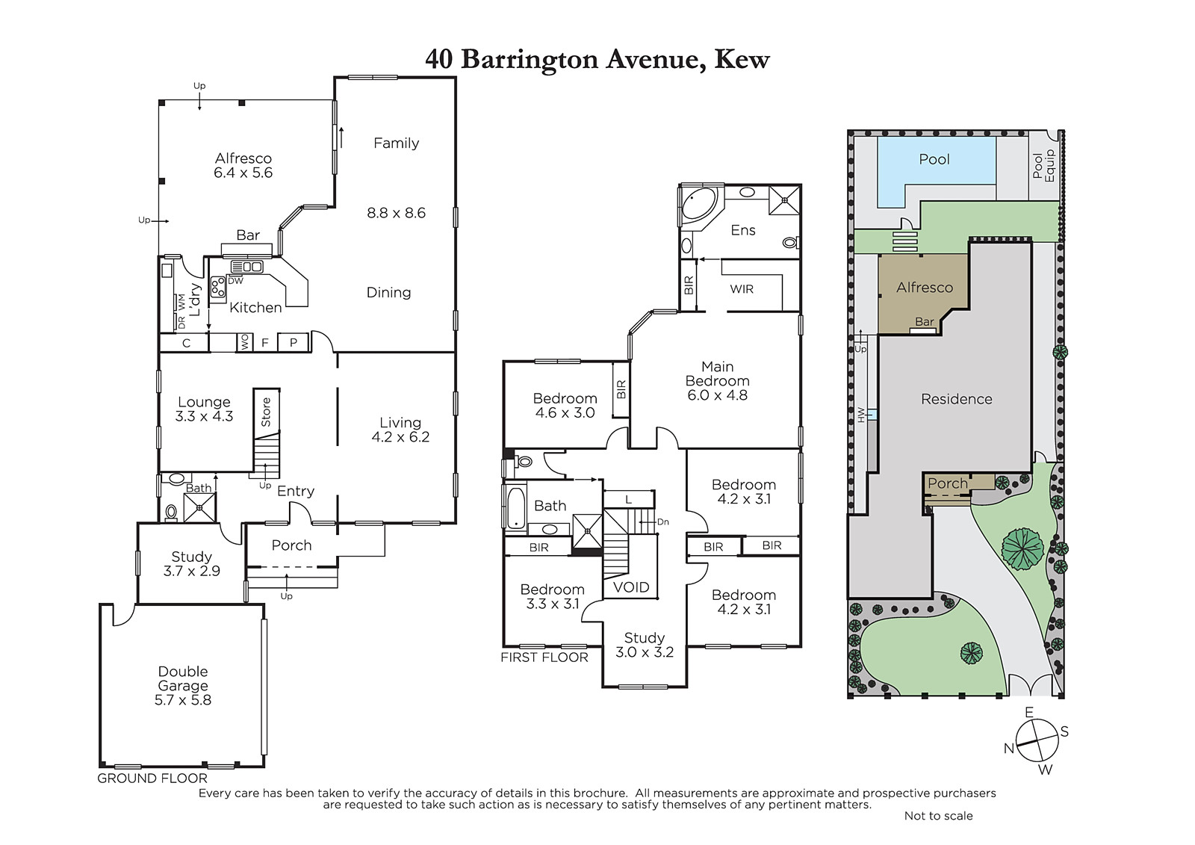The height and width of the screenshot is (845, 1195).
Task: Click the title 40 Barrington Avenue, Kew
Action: (597, 59)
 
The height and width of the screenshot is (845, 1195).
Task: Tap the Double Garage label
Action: (183, 678)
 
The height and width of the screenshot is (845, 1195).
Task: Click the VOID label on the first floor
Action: (631, 587)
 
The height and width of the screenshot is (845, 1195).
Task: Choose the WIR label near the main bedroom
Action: (742, 289)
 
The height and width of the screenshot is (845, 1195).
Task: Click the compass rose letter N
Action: (1008, 749)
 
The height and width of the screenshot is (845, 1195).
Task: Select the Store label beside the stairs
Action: (266, 412)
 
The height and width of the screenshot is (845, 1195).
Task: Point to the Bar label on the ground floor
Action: (248, 235)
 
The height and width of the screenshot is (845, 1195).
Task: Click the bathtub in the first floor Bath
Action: (515, 507)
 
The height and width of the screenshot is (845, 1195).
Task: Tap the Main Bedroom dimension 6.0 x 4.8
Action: (717, 395)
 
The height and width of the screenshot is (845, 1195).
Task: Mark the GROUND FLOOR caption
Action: (152, 779)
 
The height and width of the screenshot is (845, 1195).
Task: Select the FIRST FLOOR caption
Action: (544, 657)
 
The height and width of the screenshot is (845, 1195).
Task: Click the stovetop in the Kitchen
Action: (217, 287)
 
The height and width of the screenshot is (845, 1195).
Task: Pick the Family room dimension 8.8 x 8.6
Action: (396, 213)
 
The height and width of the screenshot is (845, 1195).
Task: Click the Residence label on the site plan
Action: (957, 399)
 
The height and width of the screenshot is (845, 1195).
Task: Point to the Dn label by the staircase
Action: (662, 522)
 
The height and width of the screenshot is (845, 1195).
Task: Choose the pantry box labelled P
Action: (293, 343)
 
